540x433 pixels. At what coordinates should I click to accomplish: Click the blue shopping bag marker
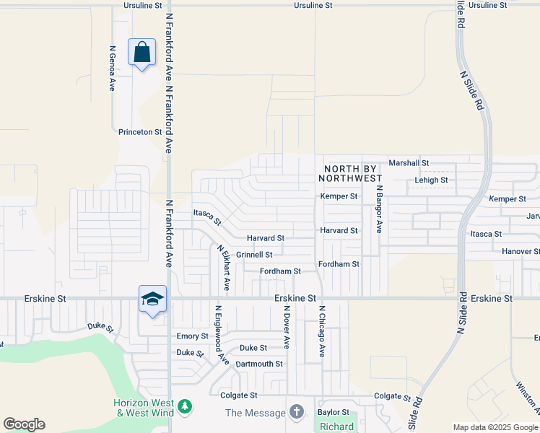tap(141, 53)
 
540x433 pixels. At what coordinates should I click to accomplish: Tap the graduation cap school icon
tap(152, 299)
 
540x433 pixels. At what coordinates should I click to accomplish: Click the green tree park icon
tap(185, 408)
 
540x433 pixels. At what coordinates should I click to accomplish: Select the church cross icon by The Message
tap(296, 412)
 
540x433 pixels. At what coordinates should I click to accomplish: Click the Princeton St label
tap(140, 132)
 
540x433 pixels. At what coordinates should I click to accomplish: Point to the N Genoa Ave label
tap(112, 69)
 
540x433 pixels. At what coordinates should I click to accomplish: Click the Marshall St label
tap(409, 163)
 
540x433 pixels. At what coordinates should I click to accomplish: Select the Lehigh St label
tap(431, 180)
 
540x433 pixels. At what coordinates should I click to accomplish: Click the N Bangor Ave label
tap(378, 209)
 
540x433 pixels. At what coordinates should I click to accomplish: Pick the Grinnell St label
tap(254, 255)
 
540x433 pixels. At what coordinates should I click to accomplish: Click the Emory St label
tap(192, 336)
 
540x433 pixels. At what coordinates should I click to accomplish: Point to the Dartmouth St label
tap(259, 364)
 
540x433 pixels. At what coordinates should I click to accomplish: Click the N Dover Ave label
tap(287, 326)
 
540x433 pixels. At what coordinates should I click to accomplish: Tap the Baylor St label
tap(334, 413)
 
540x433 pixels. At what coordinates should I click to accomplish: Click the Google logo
tap(24, 424)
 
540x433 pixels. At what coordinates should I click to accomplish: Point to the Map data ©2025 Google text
tap(495, 427)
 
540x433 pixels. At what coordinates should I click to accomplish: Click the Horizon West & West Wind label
tap(144, 408)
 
